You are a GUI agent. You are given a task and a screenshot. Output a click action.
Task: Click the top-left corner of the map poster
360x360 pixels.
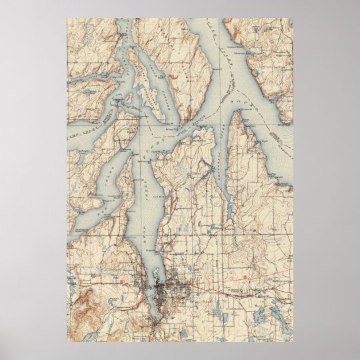(67, 19)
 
